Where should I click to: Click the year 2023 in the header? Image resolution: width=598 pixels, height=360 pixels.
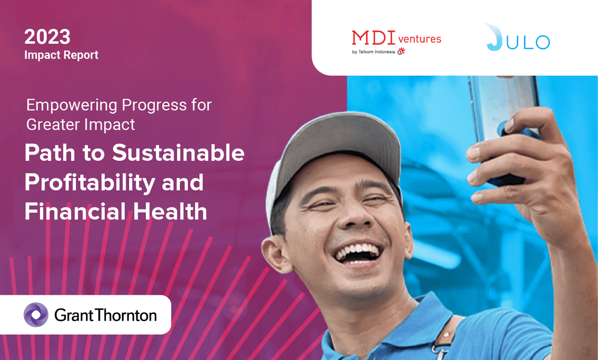(47, 37)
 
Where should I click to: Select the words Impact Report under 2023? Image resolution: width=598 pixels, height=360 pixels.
(61, 55)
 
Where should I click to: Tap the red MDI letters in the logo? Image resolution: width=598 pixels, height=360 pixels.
(373, 38)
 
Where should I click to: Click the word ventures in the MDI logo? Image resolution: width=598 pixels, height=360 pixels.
(419, 39)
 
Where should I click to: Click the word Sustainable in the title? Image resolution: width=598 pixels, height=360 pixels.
(178, 154)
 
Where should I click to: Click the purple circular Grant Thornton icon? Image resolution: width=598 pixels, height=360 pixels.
(36, 315)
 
